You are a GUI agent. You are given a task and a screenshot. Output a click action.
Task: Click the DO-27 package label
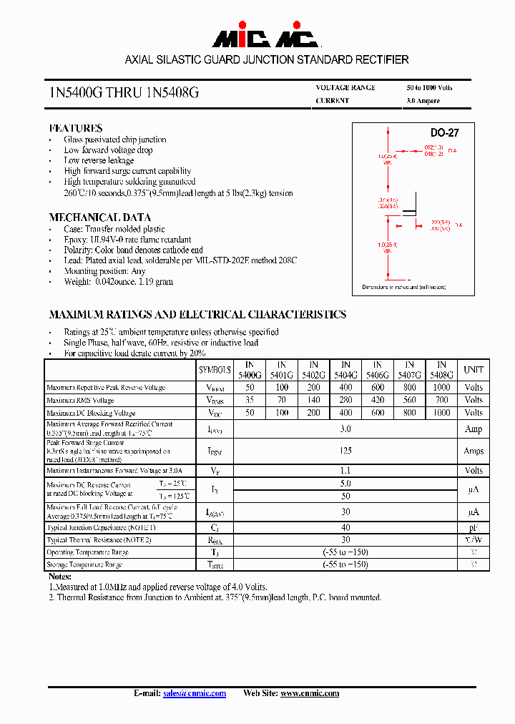(444, 133)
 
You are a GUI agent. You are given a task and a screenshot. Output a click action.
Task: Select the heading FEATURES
(75, 128)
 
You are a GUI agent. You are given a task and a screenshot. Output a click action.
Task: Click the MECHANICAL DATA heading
(99, 217)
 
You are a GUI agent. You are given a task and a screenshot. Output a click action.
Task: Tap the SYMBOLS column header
(215, 370)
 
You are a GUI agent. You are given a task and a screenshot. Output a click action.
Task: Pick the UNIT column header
(473, 370)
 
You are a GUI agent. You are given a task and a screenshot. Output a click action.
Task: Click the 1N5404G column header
(345, 370)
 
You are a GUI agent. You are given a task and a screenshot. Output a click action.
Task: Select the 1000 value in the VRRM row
(441, 387)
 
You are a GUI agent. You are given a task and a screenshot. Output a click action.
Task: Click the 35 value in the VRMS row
(250, 400)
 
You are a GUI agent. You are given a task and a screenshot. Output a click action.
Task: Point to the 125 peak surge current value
(345, 451)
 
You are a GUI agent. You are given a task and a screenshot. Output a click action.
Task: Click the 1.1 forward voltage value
(345, 470)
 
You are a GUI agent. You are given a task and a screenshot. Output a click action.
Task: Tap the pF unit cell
(473, 527)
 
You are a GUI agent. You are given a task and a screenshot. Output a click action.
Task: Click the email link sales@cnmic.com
(195, 693)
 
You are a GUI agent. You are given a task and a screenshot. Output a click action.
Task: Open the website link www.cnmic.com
(310, 693)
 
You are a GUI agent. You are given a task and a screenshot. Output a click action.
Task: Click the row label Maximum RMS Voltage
(80, 401)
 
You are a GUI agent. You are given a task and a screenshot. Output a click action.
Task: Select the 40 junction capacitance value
(345, 527)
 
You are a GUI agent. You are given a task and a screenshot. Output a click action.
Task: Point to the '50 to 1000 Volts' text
(429, 87)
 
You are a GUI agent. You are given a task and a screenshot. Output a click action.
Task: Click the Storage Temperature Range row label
(84, 564)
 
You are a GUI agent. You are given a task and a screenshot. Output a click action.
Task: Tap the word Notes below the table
(60, 576)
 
